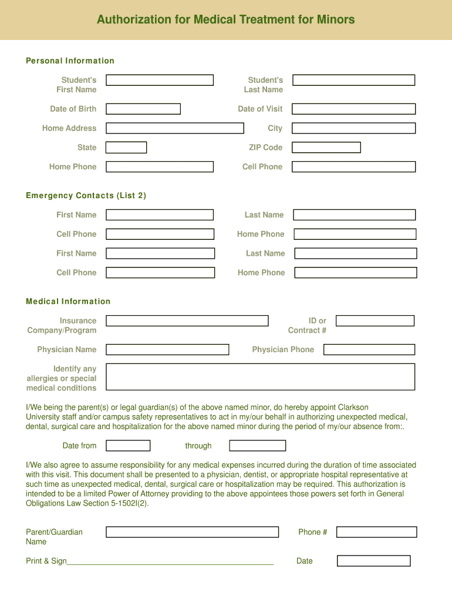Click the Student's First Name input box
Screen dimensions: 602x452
pos(160,81)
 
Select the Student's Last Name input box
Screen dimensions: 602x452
pos(353,81)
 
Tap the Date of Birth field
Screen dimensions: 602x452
pos(143,109)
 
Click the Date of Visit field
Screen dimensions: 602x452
pos(353,109)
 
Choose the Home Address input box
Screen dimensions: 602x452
pos(174,128)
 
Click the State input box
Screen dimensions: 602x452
pos(126,148)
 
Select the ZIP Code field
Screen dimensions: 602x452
pos(326,148)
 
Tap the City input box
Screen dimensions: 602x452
pos(353,128)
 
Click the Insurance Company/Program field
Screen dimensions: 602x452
pos(187,321)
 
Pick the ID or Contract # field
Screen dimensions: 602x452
pos(375,321)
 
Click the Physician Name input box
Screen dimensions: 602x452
pos(167,350)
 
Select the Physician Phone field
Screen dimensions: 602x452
pos(369,350)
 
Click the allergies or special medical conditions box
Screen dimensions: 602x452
pos(260,377)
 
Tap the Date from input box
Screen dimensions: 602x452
pos(128,446)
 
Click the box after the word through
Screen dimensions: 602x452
pos(257,446)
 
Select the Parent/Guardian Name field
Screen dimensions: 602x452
pos(192,532)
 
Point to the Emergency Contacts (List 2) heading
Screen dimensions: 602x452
pos(86,196)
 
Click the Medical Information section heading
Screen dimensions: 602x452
pos(68,302)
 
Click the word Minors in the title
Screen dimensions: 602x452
pos(336,20)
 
